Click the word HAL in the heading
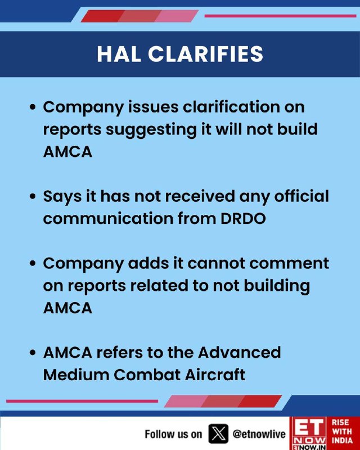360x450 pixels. pos(119,54)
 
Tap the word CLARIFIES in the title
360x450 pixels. pos(205,54)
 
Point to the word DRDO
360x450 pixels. pos(243,219)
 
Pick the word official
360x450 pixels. pos(301,196)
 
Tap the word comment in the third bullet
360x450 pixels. pos(289,263)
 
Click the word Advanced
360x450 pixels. pos(240,353)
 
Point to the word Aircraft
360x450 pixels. pos(215,375)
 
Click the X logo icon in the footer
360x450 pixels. pos(218,434)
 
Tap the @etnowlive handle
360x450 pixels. pos(259,434)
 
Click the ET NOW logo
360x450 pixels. pos(309,433)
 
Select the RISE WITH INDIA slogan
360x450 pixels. pos(342,431)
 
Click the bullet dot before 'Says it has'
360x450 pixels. pos(33,197)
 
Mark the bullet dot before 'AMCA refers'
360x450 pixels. pos(33,353)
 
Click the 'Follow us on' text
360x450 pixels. pos(173,434)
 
